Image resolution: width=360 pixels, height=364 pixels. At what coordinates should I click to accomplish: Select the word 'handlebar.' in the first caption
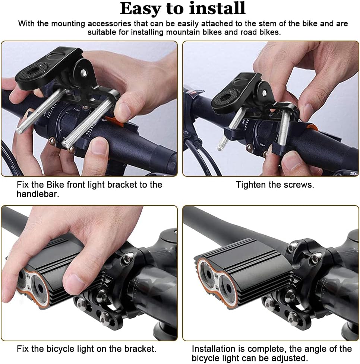coord(38,194)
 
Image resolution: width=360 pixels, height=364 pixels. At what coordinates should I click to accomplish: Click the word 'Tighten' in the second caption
coord(251,185)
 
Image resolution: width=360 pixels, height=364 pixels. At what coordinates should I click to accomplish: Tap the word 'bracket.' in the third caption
coord(140,349)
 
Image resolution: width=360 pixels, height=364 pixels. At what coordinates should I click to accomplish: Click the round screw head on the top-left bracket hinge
coord(83,73)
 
